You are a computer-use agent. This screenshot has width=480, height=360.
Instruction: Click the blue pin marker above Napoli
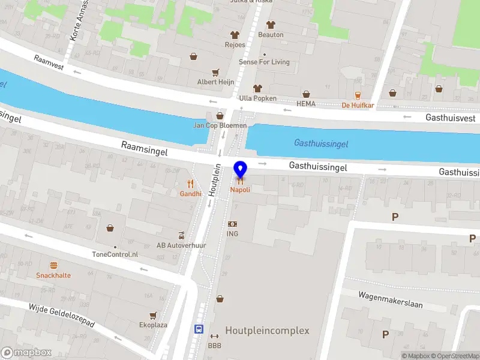240,170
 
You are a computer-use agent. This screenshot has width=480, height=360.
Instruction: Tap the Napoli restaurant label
240,190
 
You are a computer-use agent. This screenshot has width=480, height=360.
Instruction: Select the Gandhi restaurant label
190,194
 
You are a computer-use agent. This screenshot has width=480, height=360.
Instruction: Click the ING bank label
232,233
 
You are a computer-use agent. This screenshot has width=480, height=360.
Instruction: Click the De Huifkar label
358,105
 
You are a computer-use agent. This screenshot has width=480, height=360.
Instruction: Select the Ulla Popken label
257,98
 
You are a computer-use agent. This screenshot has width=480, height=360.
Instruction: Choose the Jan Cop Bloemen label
220,125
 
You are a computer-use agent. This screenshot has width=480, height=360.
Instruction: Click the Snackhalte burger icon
53,265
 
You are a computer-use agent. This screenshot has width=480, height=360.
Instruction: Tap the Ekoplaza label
154,325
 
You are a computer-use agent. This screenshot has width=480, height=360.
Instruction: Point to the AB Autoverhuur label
181,245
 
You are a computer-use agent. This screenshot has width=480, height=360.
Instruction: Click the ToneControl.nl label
115,254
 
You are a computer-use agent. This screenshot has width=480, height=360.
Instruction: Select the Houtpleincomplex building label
267,331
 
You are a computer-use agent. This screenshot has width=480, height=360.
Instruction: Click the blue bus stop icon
198,329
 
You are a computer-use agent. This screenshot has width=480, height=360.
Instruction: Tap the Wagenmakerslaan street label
390,300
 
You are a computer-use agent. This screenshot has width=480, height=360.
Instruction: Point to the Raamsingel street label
144,149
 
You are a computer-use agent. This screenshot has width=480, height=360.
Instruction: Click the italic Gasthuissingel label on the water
321,144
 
